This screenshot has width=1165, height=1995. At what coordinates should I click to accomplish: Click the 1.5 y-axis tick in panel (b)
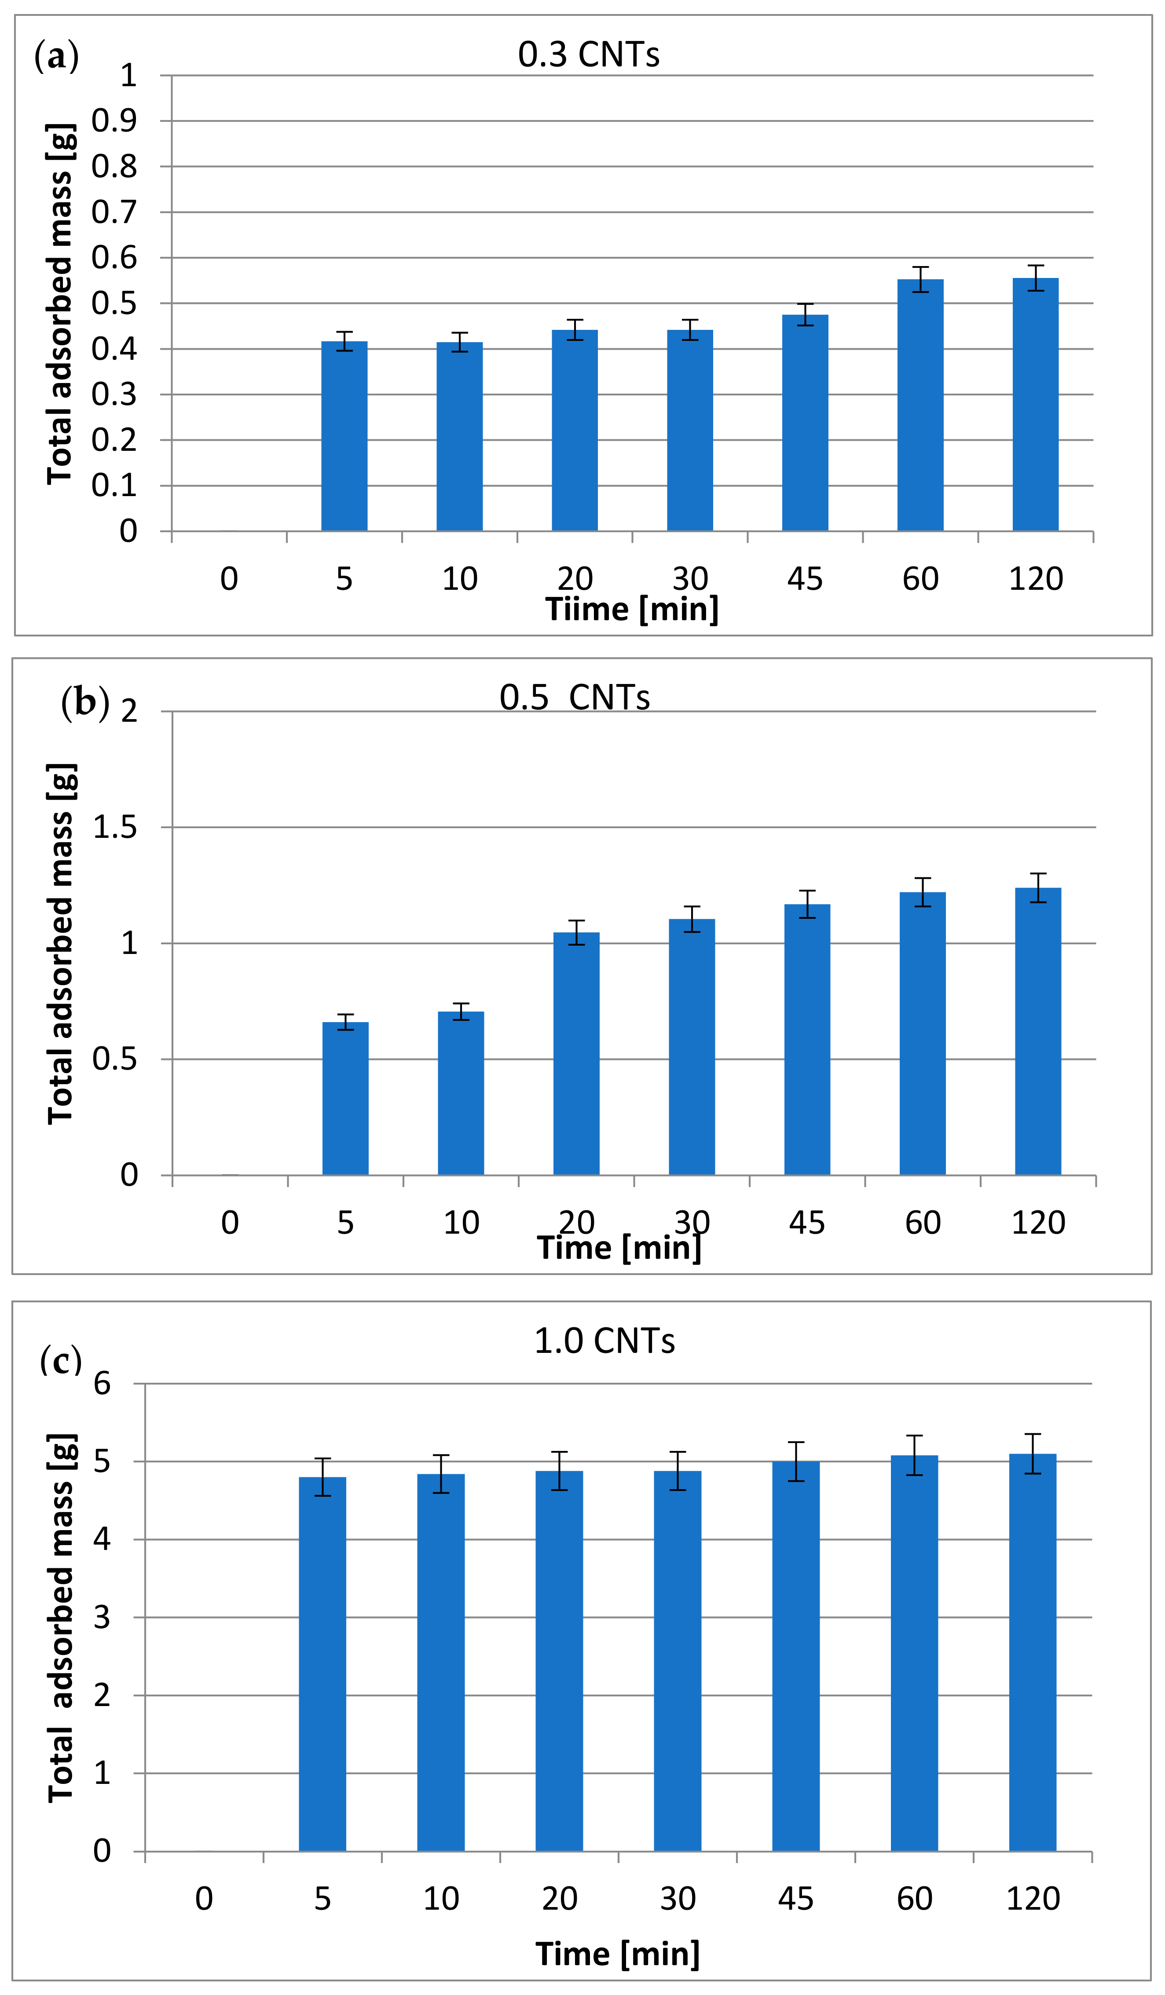pyautogui.click(x=115, y=827)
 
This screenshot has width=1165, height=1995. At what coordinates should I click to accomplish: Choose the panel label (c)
pyautogui.click(x=60, y=1360)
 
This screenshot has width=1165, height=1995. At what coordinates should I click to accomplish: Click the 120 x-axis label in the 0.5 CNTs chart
pyautogui.click(x=1037, y=1223)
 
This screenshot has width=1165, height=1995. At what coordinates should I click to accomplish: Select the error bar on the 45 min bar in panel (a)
pyautogui.click(x=805, y=314)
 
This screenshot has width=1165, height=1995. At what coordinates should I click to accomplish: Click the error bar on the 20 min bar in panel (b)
pyautogui.click(x=576, y=932)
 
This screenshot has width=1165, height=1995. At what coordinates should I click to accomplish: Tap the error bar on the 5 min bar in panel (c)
pyautogui.click(x=322, y=1477)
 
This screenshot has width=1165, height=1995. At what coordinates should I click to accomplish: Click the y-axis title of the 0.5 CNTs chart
pyautogui.click(x=61, y=944)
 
